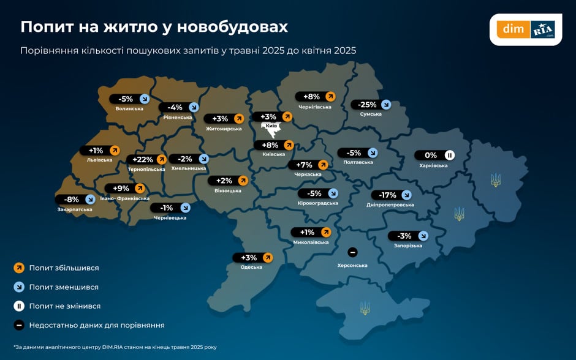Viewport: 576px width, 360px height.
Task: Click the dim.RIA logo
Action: [526, 29]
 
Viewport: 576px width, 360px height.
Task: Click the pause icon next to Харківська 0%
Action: [449, 156]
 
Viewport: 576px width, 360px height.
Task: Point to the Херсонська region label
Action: [352, 265]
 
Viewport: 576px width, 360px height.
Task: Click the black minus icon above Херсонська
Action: [352, 252]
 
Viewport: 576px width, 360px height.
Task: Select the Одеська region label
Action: [251, 267]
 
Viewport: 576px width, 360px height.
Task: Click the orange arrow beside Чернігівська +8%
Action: [330, 96]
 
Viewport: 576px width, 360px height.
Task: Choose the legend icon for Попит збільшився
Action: [19, 268]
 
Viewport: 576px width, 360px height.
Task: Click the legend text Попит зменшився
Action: [64, 287]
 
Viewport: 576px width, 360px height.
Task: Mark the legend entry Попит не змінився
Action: [64, 306]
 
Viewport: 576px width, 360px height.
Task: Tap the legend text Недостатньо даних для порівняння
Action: [97, 325]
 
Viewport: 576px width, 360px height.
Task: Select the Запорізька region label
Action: [408, 246]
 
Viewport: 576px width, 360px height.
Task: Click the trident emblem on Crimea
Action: [365, 307]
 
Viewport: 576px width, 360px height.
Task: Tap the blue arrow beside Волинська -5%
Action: [145, 99]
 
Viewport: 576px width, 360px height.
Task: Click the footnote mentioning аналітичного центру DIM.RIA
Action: [115, 347]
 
